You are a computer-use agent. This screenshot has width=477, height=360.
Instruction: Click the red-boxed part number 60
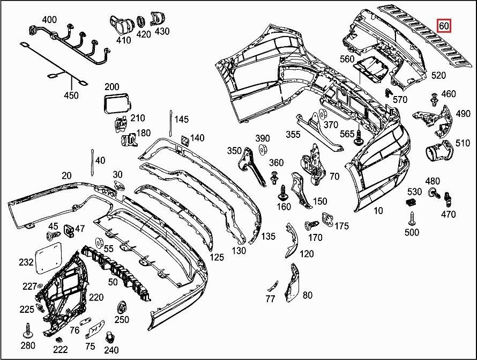[444, 26]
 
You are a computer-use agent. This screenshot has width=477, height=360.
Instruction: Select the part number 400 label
[49, 20]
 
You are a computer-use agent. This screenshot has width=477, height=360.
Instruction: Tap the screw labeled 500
[412, 218]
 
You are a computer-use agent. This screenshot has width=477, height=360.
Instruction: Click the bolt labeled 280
[27, 329]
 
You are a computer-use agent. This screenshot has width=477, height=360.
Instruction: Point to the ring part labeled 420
[141, 22]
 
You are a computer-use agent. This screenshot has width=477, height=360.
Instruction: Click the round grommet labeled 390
[263, 149]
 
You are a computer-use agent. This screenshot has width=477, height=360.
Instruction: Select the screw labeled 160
[284, 190]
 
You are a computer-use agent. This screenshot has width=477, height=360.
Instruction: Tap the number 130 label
[239, 251]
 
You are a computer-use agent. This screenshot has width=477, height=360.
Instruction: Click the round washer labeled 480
[431, 192]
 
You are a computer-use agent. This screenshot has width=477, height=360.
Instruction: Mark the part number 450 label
[71, 95]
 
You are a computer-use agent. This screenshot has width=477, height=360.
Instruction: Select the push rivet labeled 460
[432, 99]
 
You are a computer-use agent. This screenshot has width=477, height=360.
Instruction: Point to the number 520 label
[438, 76]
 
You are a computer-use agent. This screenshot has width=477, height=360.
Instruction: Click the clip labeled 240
[110, 336]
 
